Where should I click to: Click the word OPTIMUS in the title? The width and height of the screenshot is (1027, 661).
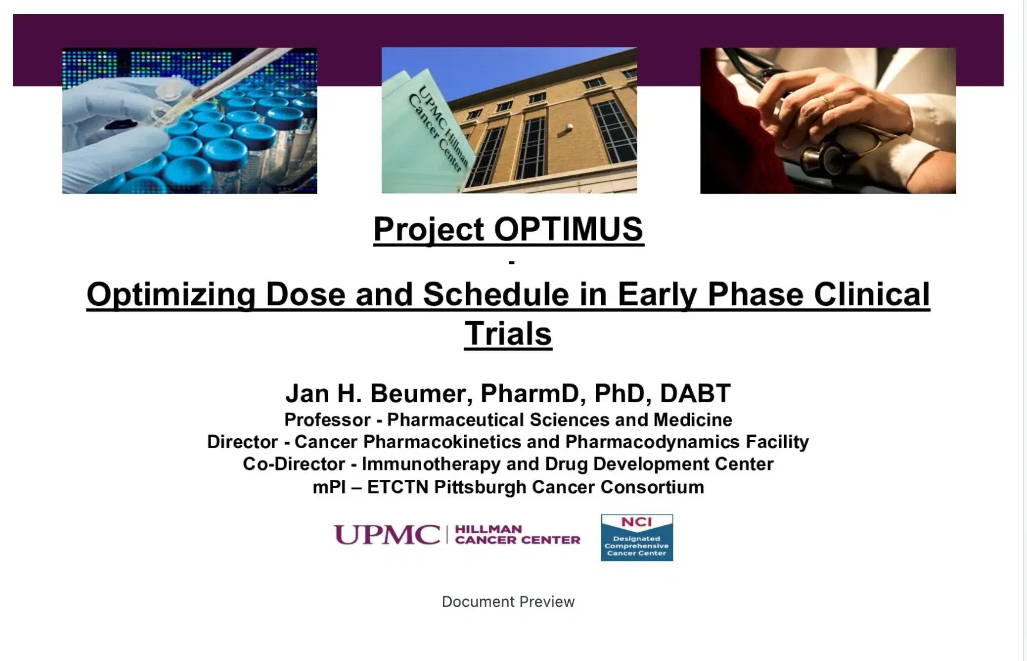tap(568, 229)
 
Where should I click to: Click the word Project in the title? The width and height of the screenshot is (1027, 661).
tap(429, 229)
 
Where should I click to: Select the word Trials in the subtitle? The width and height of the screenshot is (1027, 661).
tap(508, 333)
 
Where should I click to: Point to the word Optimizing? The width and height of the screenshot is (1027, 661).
tap(171, 294)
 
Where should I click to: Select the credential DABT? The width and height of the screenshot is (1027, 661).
tap(695, 393)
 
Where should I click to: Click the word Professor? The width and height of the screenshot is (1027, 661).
tap(327, 420)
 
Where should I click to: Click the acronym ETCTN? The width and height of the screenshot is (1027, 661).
tap(397, 487)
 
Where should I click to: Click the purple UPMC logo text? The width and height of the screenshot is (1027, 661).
tap(386, 535)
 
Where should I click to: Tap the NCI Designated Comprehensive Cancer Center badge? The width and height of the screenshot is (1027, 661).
tap(636, 538)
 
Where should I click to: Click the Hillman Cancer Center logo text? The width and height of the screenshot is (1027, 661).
tap(517, 535)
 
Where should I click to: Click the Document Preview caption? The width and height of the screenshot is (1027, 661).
tap(508, 602)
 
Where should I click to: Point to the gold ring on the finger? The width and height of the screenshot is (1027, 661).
tap(826, 103)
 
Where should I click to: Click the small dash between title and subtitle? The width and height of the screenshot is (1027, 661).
tap(511, 262)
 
